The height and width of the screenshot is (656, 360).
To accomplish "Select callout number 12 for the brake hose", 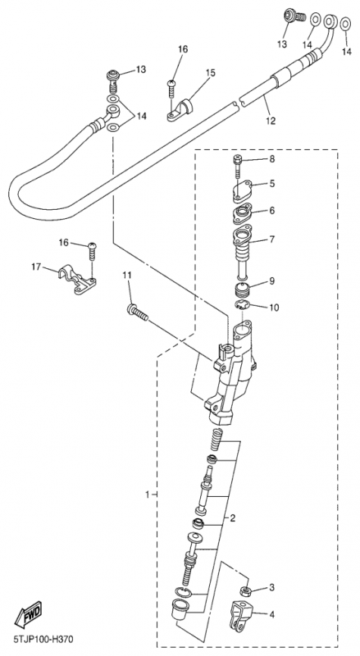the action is pos(271,121).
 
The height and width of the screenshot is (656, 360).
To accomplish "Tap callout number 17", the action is pos(37,266).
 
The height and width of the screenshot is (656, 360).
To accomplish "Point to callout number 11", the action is pos(127,276).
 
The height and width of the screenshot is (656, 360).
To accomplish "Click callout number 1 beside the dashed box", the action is pos(148,494).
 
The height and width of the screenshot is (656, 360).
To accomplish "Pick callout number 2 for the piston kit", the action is pos(232,518).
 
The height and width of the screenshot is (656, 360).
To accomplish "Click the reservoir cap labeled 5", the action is pos(242,191).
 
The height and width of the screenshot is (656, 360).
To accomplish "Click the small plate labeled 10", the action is pos(242,305).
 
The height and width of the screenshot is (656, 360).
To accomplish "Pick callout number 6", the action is pos(271,211).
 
